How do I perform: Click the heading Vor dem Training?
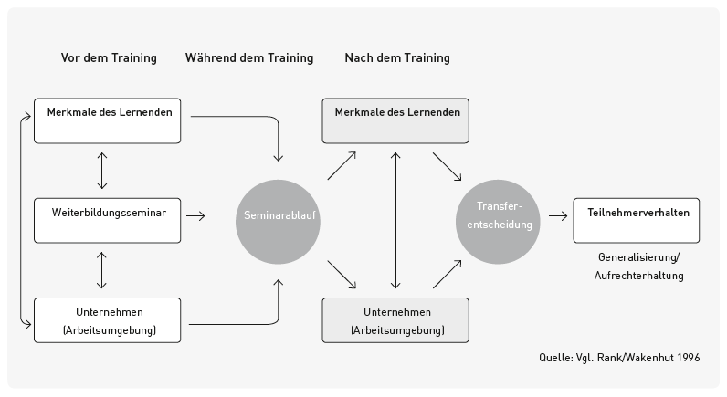coord(109,58)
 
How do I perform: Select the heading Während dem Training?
coord(249,58)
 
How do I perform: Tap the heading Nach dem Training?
coord(397,58)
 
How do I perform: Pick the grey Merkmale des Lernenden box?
coord(395,120)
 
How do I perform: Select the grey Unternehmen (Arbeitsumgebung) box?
coord(395,320)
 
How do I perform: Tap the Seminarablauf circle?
coord(279,216)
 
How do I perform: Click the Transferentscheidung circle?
coord(498,216)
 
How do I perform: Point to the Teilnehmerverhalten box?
coord(637,220)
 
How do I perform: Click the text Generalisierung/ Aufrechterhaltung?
coord(640,266)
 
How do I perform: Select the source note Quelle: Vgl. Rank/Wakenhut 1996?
coord(619,357)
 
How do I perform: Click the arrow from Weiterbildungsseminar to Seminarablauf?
coord(195,216)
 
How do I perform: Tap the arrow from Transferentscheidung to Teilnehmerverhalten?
coord(557,219)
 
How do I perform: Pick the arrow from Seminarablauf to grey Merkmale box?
coord(341,166)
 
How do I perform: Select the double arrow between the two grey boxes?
coord(395,219)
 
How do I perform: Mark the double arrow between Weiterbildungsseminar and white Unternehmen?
coord(101,270)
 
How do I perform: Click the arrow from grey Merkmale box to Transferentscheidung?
coord(447,166)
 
